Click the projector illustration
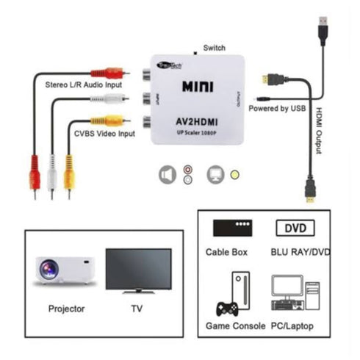coord(64,269)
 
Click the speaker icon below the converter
coord(168,175)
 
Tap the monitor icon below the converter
coord(216,175)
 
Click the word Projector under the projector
coord(65,309)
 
